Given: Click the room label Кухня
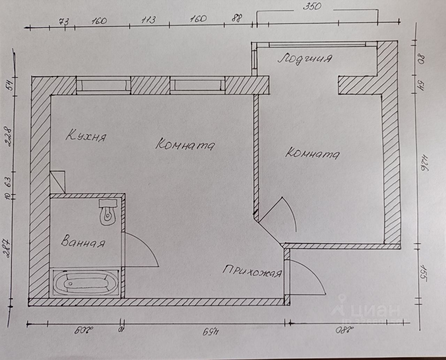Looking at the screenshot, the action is [x=86, y=136].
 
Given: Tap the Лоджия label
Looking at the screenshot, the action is [x=304, y=58].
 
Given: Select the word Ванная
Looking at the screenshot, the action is [x=83, y=242].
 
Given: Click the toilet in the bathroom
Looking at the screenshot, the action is [x=108, y=212].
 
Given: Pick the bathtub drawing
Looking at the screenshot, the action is [x=85, y=283].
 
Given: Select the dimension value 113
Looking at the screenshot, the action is [x=148, y=20].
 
